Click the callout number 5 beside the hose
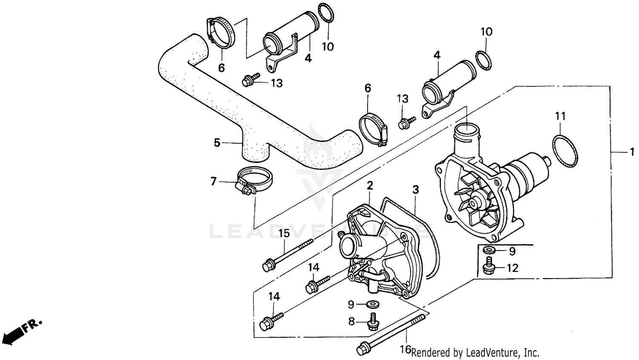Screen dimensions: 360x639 point(217,143)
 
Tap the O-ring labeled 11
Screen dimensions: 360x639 point(565,151)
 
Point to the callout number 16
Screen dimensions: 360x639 point(405,350)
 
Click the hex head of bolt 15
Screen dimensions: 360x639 point(268,266)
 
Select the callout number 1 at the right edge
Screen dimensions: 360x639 point(632,152)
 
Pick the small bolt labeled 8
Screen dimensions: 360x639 point(374,322)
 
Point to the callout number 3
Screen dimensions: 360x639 point(415,190)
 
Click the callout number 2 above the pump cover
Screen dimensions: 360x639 point(370,185)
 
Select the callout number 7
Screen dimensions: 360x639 point(213,182)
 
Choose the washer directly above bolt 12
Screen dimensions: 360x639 point(489,250)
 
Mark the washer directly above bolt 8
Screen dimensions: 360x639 point(374,304)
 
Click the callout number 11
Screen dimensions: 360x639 point(560,116)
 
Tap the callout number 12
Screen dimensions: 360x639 point(512,268)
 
